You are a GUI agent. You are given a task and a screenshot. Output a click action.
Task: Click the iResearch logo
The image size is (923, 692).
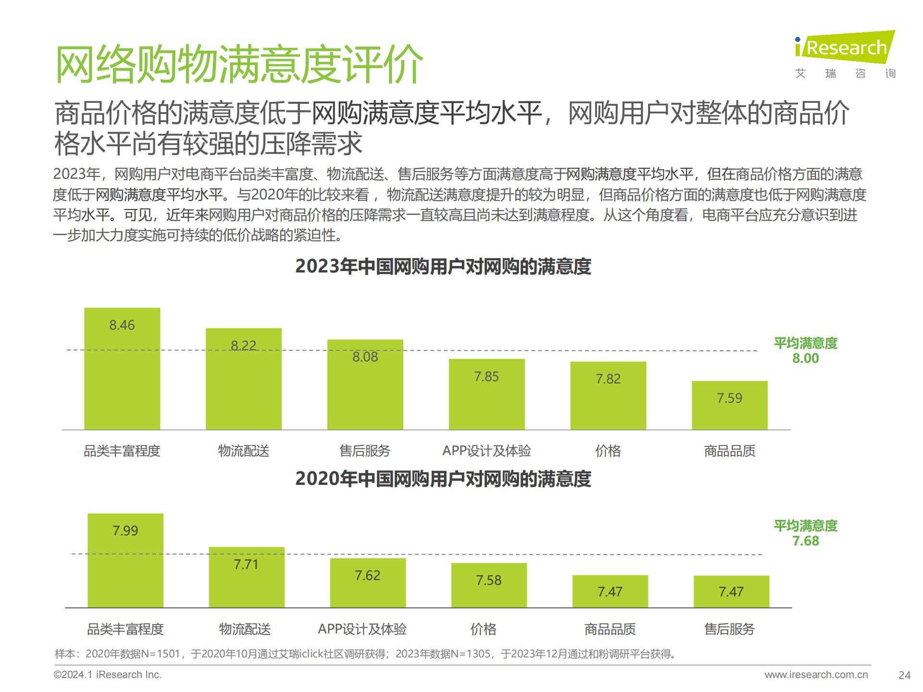tap(844, 48)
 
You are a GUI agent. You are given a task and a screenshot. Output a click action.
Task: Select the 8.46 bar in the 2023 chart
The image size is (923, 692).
tap(122, 369)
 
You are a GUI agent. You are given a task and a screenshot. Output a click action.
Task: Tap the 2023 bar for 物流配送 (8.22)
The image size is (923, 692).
tap(244, 379)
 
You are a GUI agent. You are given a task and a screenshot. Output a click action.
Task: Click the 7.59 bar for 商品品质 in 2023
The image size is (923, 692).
tap(729, 405)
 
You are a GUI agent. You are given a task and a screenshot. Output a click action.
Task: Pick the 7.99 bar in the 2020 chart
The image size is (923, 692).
tap(125, 560)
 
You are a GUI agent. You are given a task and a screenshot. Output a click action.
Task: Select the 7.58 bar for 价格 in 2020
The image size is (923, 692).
tap(489, 585)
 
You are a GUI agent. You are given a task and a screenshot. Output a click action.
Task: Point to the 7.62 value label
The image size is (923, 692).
tap(367, 575)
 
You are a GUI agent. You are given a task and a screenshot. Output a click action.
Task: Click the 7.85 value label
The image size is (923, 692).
tap(486, 376)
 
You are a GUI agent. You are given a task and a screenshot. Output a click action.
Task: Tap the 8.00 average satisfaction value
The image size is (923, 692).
tap(806, 358)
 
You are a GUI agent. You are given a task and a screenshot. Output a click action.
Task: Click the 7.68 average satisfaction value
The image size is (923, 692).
tap(806, 541)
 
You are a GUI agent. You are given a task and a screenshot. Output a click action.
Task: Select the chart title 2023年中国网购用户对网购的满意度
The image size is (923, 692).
tap(443, 267)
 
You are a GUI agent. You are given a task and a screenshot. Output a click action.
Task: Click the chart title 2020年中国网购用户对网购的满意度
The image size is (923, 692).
tap(443, 479)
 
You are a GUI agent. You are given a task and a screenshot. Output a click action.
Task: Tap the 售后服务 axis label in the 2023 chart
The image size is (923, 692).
tap(365, 451)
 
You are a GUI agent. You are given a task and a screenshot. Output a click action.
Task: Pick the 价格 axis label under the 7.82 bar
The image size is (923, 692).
tap(608, 451)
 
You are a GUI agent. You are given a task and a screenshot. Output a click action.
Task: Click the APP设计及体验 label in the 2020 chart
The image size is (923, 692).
tap(362, 629)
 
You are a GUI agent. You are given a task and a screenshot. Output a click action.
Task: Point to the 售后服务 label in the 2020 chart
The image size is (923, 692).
tap(729, 629)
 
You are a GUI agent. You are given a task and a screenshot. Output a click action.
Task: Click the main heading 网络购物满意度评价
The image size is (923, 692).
tap(239, 65)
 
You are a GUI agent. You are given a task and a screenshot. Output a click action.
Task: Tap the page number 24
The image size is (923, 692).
tap(904, 675)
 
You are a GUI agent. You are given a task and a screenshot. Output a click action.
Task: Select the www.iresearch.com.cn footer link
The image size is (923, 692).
tap(816, 675)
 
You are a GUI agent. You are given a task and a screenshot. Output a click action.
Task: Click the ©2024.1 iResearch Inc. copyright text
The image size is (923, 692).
tap(108, 675)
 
